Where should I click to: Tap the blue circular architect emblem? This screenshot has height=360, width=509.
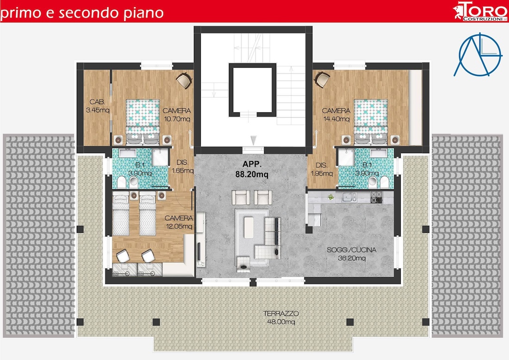point(478,54)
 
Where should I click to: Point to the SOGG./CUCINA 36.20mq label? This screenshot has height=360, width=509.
point(352,254)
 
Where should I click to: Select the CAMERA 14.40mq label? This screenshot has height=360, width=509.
point(336,114)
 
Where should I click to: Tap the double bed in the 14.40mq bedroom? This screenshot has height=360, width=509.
point(370,118)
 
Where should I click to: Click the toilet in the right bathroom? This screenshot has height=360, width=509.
point(384,182)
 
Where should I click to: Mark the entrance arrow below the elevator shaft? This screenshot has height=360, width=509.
point(253,140)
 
